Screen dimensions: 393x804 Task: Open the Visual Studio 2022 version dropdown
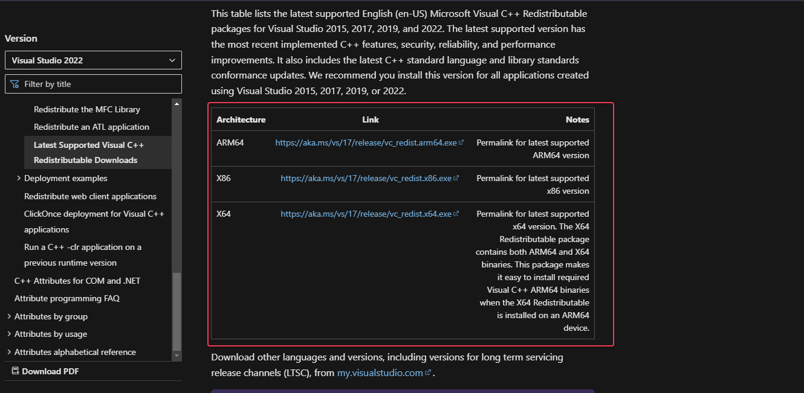tap(93, 60)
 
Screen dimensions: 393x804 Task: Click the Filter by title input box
tap(93, 84)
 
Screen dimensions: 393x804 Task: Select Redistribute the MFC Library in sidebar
tap(87, 109)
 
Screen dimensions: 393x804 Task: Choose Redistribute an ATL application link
tap(91, 127)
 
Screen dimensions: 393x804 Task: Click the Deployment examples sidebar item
tap(66, 178)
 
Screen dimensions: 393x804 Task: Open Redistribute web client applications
tap(90, 196)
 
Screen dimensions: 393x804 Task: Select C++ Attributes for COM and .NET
tap(77, 281)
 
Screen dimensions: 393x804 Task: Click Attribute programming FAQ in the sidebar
tap(67, 298)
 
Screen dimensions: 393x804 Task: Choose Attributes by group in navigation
tap(51, 316)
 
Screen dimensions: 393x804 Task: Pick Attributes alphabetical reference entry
tap(75, 352)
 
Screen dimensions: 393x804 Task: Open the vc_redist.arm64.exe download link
tap(366, 143)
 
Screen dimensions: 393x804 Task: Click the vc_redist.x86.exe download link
tap(366, 179)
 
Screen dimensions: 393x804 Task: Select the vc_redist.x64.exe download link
tap(366, 214)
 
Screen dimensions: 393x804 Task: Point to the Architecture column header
tap(241, 120)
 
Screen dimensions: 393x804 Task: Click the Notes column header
tap(577, 120)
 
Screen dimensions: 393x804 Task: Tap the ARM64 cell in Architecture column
tap(230, 143)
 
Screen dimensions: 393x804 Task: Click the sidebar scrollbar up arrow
tap(177, 104)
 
